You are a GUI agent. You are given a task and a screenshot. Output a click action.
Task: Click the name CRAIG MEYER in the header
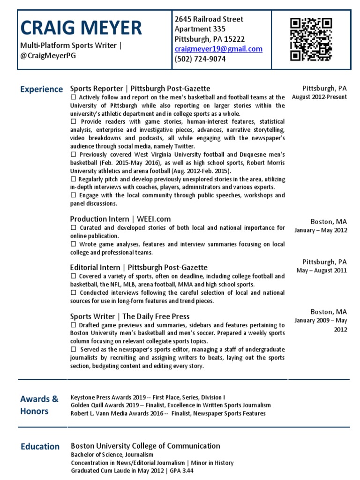click(x=81, y=28)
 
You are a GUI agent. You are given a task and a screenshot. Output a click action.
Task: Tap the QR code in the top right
click(x=311, y=39)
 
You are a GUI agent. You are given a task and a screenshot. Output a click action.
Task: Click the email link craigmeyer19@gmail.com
click(x=218, y=49)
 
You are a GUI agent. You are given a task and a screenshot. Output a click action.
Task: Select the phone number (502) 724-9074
click(x=200, y=59)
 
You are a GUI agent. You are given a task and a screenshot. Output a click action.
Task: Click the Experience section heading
click(x=41, y=89)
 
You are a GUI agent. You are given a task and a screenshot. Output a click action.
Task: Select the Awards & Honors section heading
click(x=39, y=405)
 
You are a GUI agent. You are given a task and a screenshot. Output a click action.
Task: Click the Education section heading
click(x=40, y=447)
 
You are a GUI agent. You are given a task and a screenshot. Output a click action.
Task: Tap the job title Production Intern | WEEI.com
click(x=120, y=219)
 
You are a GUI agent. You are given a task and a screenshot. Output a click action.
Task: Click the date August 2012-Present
click(x=319, y=97)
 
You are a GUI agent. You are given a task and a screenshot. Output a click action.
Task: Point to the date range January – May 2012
click(x=321, y=230)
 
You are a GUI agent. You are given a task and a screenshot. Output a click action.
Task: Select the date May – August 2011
click(x=322, y=270)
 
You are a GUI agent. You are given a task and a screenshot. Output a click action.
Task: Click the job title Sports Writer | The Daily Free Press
click(x=130, y=316)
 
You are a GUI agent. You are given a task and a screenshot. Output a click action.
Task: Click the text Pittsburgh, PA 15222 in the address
click(x=210, y=39)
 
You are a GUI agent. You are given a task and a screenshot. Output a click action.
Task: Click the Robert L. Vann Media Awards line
click(x=168, y=413)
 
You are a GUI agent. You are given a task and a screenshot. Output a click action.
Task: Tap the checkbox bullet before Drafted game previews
click(x=73, y=325)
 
